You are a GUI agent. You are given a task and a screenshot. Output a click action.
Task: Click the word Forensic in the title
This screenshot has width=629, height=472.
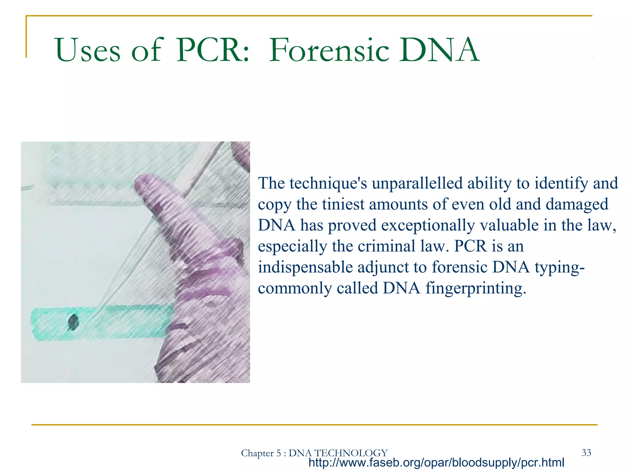[329, 50]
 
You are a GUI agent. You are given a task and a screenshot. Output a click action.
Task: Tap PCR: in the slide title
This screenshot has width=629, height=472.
[212, 50]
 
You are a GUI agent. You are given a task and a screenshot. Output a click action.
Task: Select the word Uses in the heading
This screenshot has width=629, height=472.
[88, 50]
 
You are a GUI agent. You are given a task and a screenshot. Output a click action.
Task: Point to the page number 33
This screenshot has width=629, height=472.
[586, 452]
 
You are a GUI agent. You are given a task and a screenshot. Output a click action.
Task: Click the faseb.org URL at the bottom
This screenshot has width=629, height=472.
[436, 462]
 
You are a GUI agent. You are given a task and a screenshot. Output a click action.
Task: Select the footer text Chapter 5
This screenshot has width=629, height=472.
[261, 453]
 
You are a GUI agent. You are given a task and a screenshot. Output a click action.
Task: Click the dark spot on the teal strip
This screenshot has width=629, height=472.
[73, 322]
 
